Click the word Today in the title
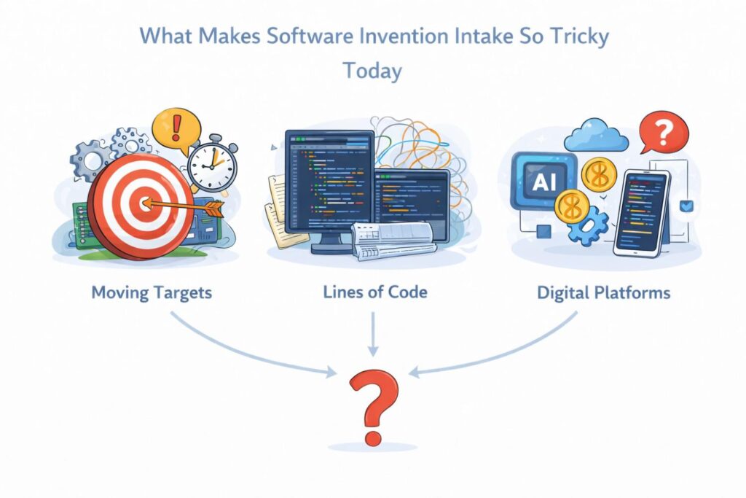[x=372, y=71]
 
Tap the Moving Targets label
[x=152, y=292]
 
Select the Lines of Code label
[x=375, y=292]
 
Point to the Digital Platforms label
[x=603, y=292]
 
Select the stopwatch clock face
[x=212, y=166]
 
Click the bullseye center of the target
[x=145, y=204]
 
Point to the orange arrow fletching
[x=213, y=209]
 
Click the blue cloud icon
[x=596, y=135]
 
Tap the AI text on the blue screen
[x=544, y=182]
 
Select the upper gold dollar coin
[x=599, y=175]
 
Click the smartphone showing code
[x=641, y=213]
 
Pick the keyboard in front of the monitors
[x=393, y=241]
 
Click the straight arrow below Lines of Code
[x=374, y=334]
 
